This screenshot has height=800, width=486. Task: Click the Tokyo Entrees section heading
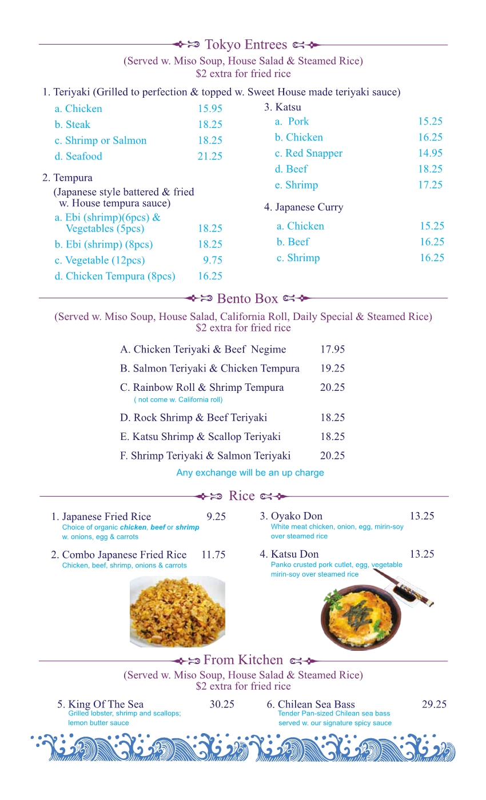[x=246, y=45]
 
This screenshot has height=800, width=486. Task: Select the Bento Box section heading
[x=248, y=298]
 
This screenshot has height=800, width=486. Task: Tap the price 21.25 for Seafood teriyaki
[x=210, y=157]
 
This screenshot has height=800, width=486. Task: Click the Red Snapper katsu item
[x=308, y=153]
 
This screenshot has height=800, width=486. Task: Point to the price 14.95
[x=430, y=153]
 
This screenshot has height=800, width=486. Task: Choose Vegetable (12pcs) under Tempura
[x=99, y=261]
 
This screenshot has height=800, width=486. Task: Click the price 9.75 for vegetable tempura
[x=213, y=261]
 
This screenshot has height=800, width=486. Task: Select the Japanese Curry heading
[x=304, y=207]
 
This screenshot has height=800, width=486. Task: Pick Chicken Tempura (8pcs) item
[x=115, y=277]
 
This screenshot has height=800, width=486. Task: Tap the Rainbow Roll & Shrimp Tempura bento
[x=202, y=387]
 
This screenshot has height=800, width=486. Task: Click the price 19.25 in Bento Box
[x=332, y=369]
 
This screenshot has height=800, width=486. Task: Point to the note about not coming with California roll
[x=178, y=400]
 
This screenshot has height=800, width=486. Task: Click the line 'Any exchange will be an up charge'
[x=250, y=473]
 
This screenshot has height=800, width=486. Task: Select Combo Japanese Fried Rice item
[x=119, y=555]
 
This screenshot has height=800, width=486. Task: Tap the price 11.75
[x=213, y=555]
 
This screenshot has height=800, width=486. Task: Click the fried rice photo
[x=177, y=611]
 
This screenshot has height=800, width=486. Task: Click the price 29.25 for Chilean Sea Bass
[x=434, y=705]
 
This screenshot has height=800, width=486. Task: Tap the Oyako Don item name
[x=291, y=517]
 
